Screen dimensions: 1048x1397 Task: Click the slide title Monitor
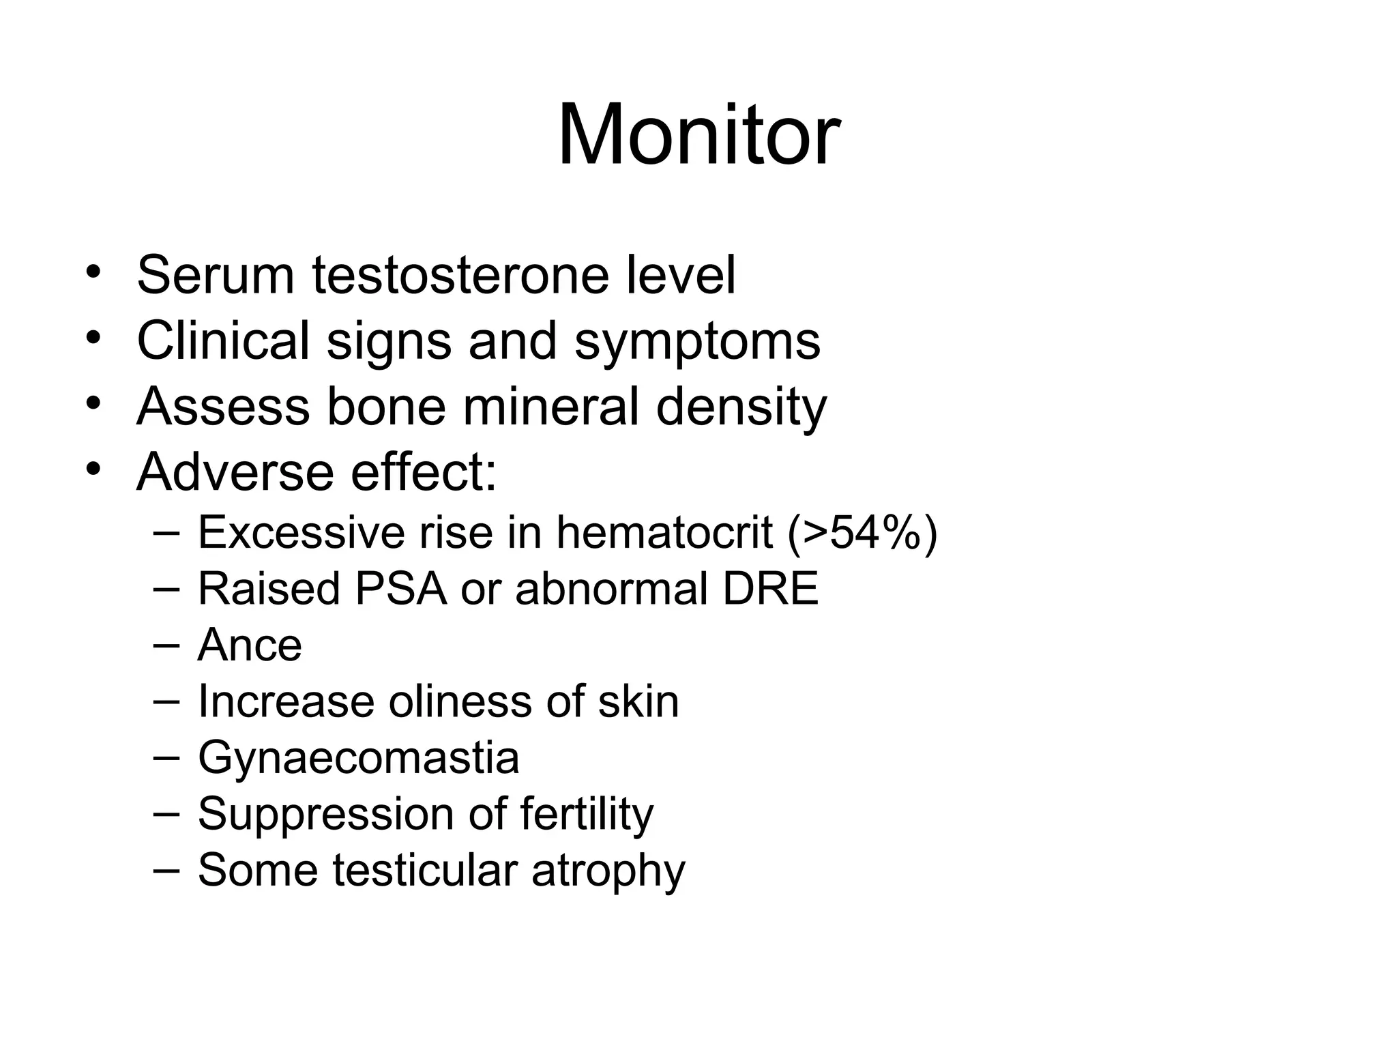pyautogui.click(x=698, y=134)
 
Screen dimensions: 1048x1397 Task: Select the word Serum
pyautogui.click(x=216, y=275)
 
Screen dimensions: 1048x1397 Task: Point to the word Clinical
pyautogui.click(x=223, y=340)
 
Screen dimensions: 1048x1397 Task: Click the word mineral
pyautogui.click(x=551, y=406)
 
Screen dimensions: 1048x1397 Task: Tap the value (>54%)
pyautogui.click(x=862, y=533)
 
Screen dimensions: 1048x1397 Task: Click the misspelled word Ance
pyautogui.click(x=250, y=645)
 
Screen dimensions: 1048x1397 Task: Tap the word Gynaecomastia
pyautogui.click(x=358, y=758)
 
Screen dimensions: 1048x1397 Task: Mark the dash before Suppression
pyautogui.click(x=167, y=812)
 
